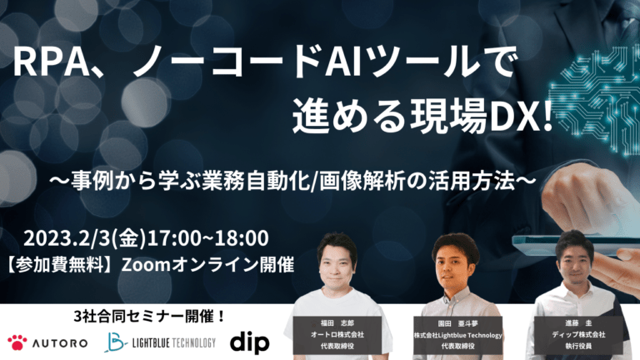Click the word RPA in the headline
tap(51, 62)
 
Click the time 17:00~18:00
tap(208, 238)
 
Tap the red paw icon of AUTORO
tap(17, 342)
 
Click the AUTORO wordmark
tap(60, 343)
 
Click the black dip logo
tap(250, 342)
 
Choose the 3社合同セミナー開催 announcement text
tap(149, 317)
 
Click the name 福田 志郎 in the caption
tap(337, 323)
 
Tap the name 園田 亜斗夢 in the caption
tap(458, 323)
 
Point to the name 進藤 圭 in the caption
tap(578, 323)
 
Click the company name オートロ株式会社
tap(337, 335)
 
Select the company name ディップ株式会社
tap(578, 335)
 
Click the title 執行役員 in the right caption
tap(578, 346)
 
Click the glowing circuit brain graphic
tap(596, 98)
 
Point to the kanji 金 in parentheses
tap(129, 238)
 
